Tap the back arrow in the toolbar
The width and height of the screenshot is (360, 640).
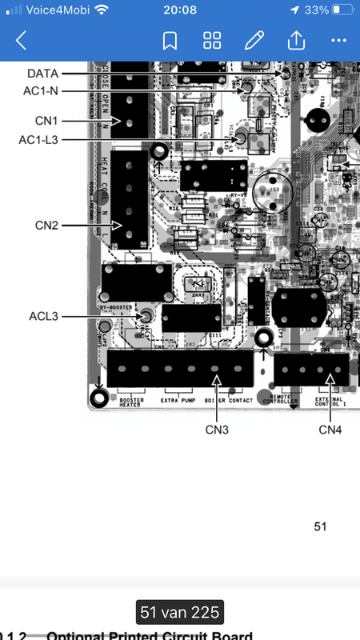click(21, 40)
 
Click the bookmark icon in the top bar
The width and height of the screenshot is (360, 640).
click(170, 40)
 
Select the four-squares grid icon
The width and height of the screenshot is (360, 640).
click(212, 40)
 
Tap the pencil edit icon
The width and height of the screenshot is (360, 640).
click(254, 40)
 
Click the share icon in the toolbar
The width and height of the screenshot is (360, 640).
click(296, 40)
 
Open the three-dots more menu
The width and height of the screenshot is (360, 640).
click(338, 40)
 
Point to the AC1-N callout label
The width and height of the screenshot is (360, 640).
click(40, 90)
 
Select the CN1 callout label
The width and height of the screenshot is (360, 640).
click(46, 121)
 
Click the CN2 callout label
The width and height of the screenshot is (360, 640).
click(46, 226)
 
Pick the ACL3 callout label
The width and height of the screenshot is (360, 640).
click(43, 316)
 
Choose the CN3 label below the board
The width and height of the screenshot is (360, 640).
click(216, 430)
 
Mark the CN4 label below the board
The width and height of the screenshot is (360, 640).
click(330, 430)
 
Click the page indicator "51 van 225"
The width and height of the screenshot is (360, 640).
click(179, 614)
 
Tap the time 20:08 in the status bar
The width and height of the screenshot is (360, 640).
click(179, 10)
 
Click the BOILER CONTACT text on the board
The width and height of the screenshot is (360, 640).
click(230, 400)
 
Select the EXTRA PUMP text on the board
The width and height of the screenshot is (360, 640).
click(178, 400)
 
